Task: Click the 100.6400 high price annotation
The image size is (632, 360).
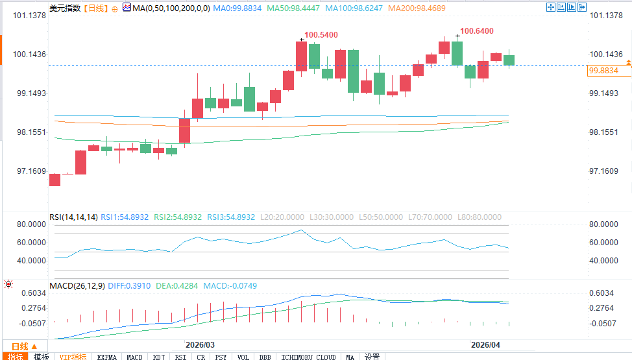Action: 476,30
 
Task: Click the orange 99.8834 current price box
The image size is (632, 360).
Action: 604,71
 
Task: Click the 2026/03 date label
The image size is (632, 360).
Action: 200,344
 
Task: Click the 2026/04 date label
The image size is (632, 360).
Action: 487,344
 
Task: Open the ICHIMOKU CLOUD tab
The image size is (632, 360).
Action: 309,357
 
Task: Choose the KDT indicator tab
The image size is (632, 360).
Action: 158,357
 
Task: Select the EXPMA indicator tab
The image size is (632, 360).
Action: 106,357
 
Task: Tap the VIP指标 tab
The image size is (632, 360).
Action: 73,357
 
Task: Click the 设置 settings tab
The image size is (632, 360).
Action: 372,357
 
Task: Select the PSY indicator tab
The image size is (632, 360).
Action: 221,357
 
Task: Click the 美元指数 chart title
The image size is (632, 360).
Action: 66,8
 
